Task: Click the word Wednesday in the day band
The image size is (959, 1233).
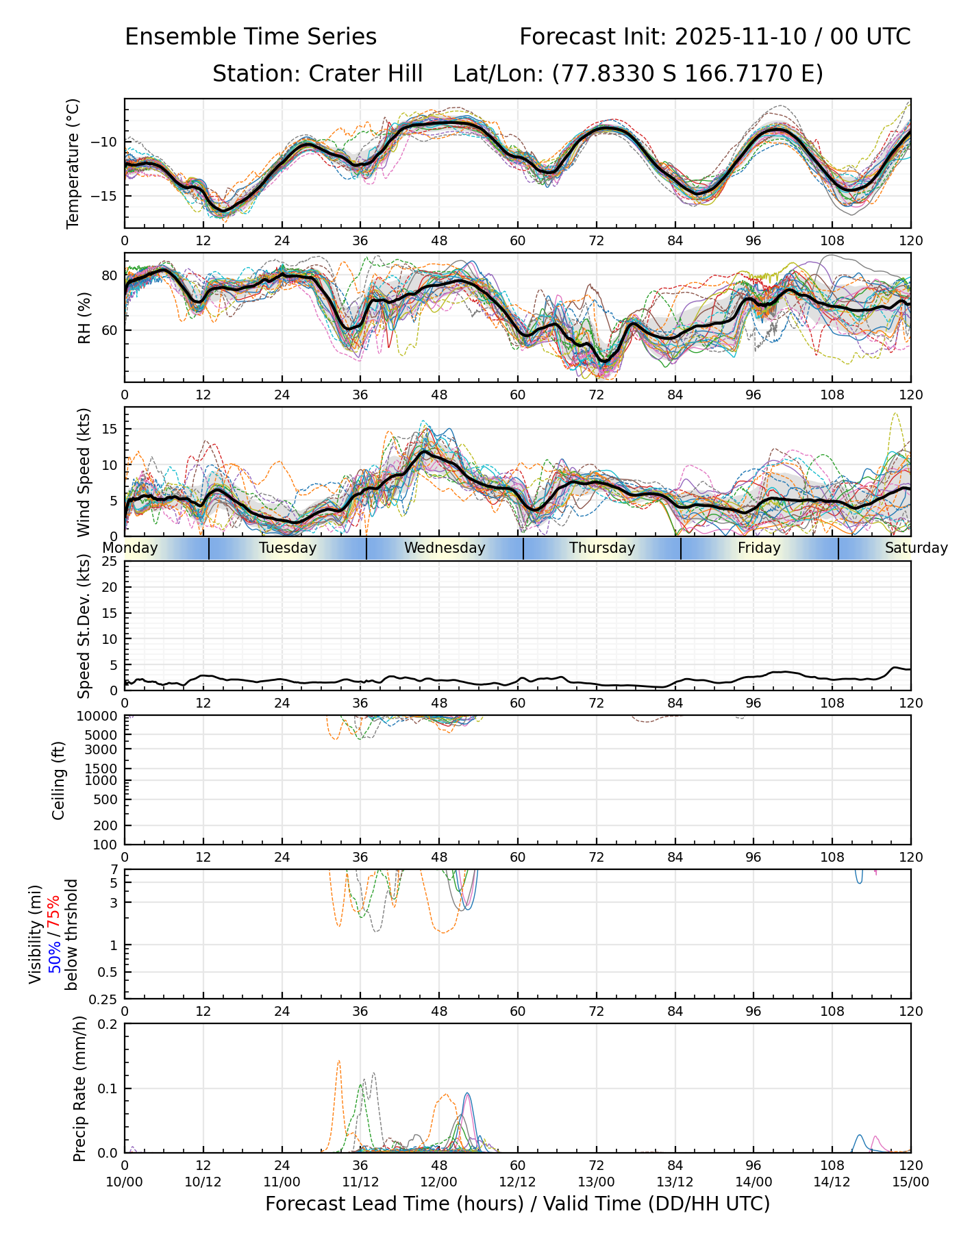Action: coord(445,548)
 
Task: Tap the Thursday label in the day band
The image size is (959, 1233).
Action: coord(602,548)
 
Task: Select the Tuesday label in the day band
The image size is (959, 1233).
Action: coord(288,548)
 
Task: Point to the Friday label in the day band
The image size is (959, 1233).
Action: coord(759,548)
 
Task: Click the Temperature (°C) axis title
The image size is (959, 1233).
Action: coord(73,163)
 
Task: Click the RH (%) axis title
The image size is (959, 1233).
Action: coord(84,317)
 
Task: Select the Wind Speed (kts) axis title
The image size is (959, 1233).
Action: coord(84,472)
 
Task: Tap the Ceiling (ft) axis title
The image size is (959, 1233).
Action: coord(59,780)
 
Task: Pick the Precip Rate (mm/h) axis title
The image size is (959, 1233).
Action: coord(79,1088)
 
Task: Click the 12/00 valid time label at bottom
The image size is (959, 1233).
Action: coord(439,1182)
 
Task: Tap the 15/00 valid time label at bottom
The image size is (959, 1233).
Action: coord(910,1182)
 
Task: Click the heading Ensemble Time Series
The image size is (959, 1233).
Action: coord(251,37)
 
